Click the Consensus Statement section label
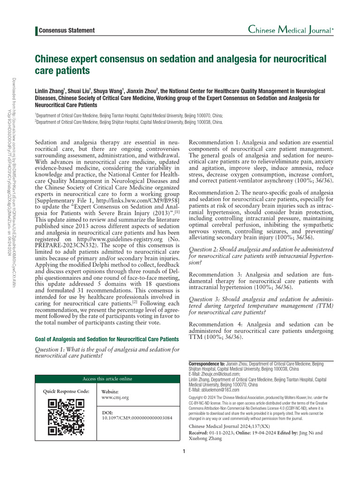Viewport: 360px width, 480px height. pos(67,30)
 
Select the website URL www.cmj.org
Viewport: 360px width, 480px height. pos(115,397)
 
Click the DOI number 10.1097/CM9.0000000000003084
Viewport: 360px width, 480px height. pos(137,417)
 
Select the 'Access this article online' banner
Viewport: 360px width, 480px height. pos(107,379)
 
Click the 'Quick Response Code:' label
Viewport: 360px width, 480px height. pos(66,391)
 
